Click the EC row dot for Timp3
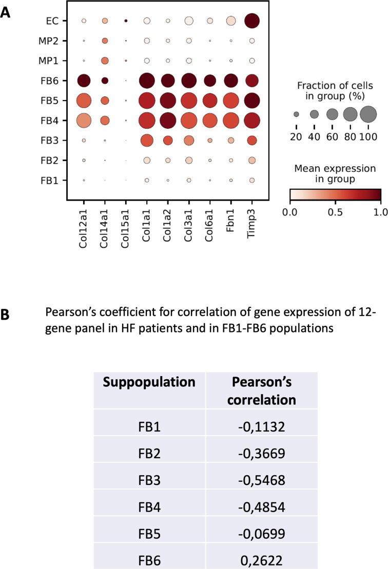pos(251,21)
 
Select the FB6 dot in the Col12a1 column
pos(84,81)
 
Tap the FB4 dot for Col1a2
pos(168,121)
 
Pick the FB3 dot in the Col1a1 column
pos(147,140)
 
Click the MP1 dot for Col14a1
pos(105,61)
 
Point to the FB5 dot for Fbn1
pos(230,101)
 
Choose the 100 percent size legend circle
pos(368,114)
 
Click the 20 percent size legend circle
pos(296,114)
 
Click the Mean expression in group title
pos(334,173)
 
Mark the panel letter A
pos(6,13)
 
